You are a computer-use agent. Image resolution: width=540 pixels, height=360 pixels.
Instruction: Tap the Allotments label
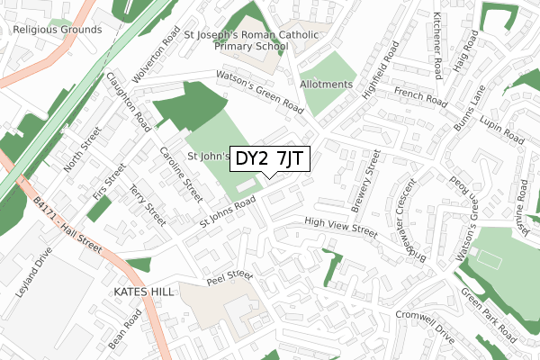pyautogui.click(x=326, y=85)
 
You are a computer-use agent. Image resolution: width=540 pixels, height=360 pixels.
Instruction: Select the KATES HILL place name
pyautogui.click(x=144, y=293)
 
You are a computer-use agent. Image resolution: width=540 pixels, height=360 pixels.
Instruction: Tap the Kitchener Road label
pyautogui.click(x=436, y=45)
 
